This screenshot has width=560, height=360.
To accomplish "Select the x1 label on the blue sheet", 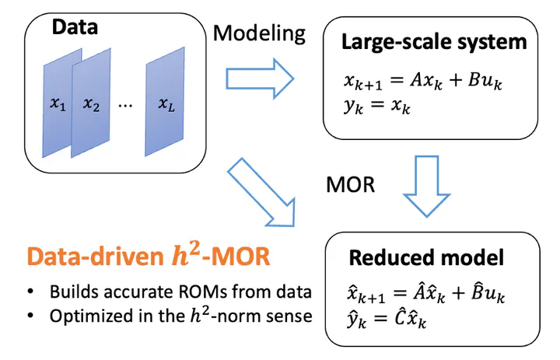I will point(58,103).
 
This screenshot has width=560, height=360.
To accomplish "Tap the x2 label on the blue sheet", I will point(93,103).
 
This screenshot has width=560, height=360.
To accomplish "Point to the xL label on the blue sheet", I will point(166,103).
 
